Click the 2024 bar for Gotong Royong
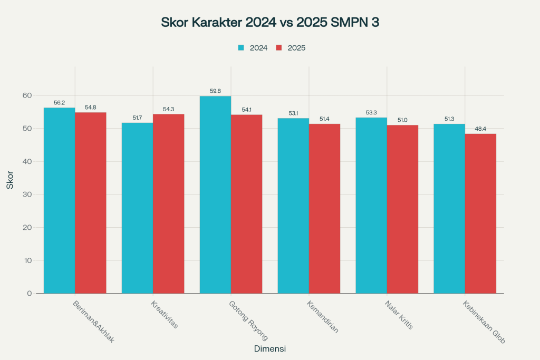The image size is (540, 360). pyautogui.click(x=215, y=194)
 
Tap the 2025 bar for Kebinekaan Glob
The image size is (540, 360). pyautogui.click(x=480, y=213)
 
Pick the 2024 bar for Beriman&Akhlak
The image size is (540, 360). pyautogui.click(x=59, y=200)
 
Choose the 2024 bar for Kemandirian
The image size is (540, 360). pyautogui.click(x=293, y=206)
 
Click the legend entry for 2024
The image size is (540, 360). pyautogui.click(x=253, y=47)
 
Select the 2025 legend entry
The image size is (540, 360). pyautogui.click(x=291, y=47)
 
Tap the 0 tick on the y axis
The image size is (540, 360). pyautogui.click(x=30, y=293)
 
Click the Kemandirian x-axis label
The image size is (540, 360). pyautogui.click(x=322, y=317)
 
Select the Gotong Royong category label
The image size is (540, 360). pyautogui.click(x=248, y=320)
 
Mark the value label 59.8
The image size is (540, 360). pyautogui.click(x=215, y=91)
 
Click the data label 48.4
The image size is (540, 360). pyautogui.click(x=480, y=129)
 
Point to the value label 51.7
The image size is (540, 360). pyautogui.click(x=137, y=118)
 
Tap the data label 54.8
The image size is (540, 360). pyautogui.click(x=90, y=108)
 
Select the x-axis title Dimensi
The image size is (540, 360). pyautogui.click(x=270, y=349)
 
